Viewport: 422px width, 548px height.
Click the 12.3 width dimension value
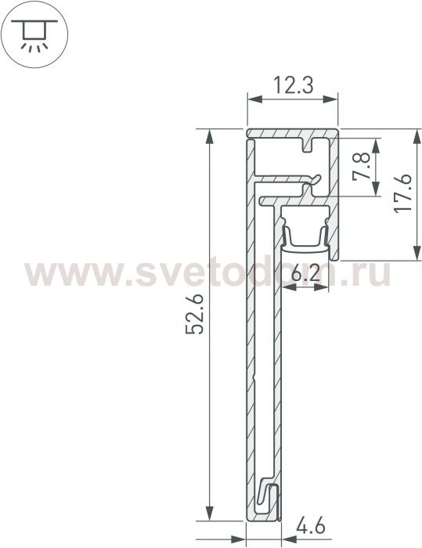point(293,85)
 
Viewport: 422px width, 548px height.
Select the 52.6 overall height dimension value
point(194,315)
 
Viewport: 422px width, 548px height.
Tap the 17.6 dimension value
point(402,193)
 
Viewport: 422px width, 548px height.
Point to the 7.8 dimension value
point(361,166)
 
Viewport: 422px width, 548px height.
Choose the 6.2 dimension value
point(305,274)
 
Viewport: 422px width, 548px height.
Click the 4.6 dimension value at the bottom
point(311,527)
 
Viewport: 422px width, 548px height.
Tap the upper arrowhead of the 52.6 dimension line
point(209,136)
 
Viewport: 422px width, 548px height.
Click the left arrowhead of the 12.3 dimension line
point(255,99)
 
